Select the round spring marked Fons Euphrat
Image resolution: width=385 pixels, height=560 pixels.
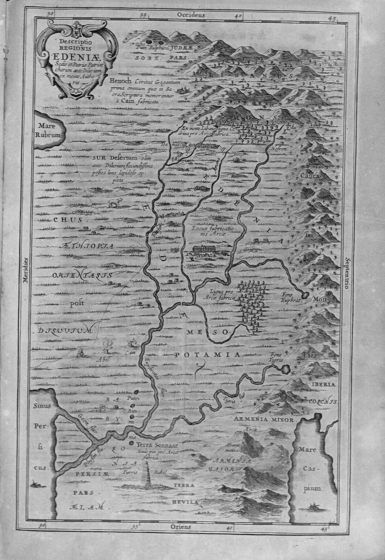pyautogui.click(x=305, y=295)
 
